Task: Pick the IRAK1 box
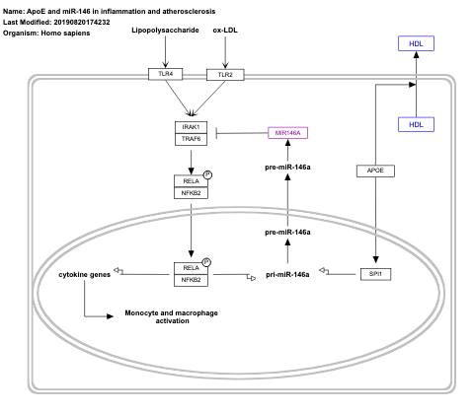192,127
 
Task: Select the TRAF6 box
192,140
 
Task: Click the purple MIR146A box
287,132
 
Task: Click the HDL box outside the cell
416,43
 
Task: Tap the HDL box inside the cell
416,124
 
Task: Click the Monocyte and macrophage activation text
171,316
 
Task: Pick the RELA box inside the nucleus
192,267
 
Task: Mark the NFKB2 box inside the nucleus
192,280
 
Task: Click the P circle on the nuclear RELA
209,262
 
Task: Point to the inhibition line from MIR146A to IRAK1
241,133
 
